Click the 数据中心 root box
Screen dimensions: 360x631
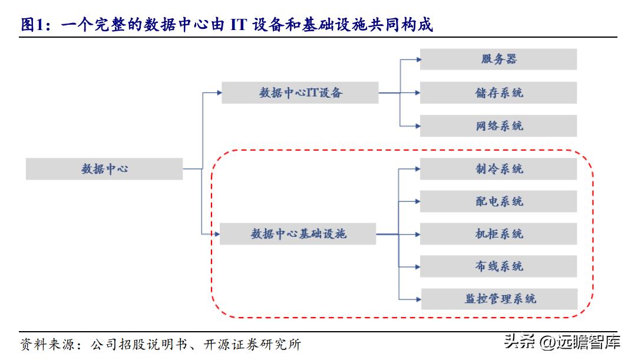pyautogui.click(x=104, y=169)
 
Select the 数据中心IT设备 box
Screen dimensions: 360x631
pyautogui.click(x=300, y=93)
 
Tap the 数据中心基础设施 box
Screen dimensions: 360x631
pyautogui.click(x=298, y=234)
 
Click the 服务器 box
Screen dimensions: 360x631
pyautogui.click(x=498, y=60)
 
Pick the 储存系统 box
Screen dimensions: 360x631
pyautogui.click(x=498, y=93)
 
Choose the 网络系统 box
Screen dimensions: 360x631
pyautogui.click(x=498, y=125)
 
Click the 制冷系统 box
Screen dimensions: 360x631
pyautogui.click(x=498, y=169)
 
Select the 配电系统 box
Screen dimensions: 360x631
pyautogui.click(x=498, y=202)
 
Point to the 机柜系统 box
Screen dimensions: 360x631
pyautogui.click(x=498, y=234)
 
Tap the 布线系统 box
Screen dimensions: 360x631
pyautogui.click(x=498, y=266)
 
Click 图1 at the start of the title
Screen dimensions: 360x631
pyautogui.click(x=33, y=25)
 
